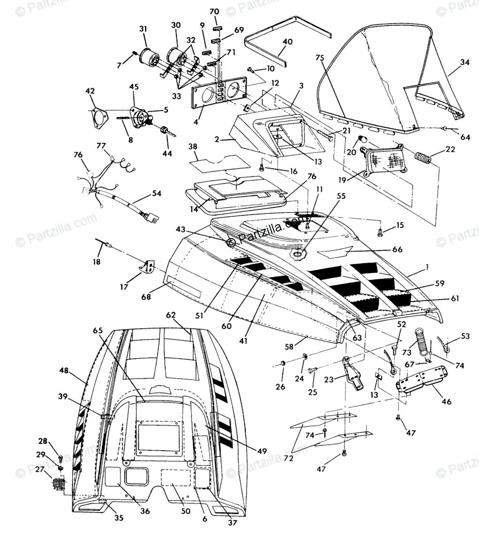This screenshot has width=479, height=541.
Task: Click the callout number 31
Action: (143, 29)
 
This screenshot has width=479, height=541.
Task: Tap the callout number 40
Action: (287, 42)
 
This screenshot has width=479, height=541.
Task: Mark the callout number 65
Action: (97, 330)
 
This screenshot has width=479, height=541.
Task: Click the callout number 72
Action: (289, 458)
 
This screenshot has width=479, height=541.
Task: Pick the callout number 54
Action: (156, 193)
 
